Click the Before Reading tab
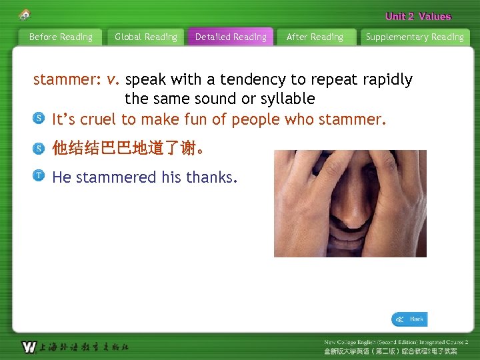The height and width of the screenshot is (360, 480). tap(61, 37)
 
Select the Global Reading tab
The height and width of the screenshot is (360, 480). tap(146, 37)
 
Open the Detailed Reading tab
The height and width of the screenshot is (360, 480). tap(231, 37)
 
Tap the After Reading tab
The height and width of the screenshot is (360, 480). tap(315, 37)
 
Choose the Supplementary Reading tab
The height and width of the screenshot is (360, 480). tap(415, 37)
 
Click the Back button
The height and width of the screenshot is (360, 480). tap(409, 319)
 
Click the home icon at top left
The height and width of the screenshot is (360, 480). tap(25, 14)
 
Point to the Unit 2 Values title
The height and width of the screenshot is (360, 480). tap(418, 17)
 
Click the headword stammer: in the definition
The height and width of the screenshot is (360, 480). tap(67, 80)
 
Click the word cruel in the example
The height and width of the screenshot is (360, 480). tap(98, 120)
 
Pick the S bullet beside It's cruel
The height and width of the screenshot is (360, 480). tap(39, 119)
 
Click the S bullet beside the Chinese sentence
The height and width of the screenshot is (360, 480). tap(39, 147)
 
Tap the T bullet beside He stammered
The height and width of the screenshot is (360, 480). tap(39, 176)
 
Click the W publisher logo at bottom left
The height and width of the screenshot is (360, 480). tap(29, 347)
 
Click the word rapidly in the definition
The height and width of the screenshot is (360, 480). tap(387, 80)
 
